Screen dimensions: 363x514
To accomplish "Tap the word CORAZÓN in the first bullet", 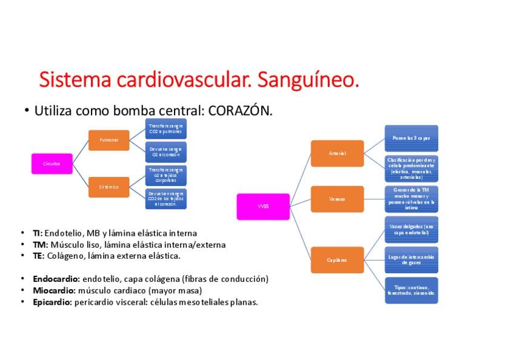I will pyautogui.click(x=240, y=111).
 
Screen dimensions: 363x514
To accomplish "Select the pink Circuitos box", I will pyautogui.click(x=52, y=164).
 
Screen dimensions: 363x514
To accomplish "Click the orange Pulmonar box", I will pyautogui.click(x=109, y=140).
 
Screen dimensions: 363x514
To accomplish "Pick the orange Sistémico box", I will pyautogui.click(x=109, y=187).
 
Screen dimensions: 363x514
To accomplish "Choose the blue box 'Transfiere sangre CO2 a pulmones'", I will pyautogui.click(x=166, y=128).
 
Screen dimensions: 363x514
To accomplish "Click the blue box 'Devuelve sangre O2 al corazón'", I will pyautogui.click(x=166, y=152).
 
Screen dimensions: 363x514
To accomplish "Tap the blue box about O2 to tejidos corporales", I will pyautogui.click(x=166, y=175).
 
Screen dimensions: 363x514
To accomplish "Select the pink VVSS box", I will pyautogui.click(x=262, y=206).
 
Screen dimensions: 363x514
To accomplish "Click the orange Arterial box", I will pyautogui.click(x=337, y=153).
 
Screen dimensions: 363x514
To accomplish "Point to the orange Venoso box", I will pyautogui.click(x=337, y=199).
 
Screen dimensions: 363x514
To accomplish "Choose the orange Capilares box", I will pyautogui.click(x=337, y=260).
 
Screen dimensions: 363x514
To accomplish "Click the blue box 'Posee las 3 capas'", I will pyautogui.click(x=411, y=138).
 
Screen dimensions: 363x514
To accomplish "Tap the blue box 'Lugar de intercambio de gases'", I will pyautogui.click(x=411, y=259).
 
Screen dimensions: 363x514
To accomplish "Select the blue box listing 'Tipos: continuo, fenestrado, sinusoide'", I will pyautogui.click(x=411, y=290).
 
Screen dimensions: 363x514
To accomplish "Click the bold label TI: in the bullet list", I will pyautogui.click(x=38, y=233).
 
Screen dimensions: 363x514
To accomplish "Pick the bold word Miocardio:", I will pyautogui.click(x=55, y=291).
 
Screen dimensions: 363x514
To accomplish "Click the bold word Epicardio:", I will pyautogui.click(x=53, y=302).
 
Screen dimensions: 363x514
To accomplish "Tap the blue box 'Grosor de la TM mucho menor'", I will pyautogui.click(x=411, y=199).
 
